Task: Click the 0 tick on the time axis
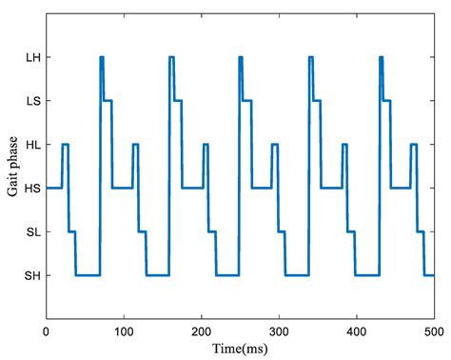pos(47,330)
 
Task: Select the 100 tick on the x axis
pos(124,330)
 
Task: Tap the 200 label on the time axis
pos(201,330)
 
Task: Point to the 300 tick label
pos(279,330)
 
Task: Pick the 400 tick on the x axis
pos(356,330)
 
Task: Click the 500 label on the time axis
pos(433,330)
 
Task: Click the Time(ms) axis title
pos(240,348)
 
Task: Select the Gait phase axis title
pos(11,167)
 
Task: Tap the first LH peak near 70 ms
pos(101,58)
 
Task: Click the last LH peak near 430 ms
pos(381,58)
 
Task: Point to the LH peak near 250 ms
pos(241,58)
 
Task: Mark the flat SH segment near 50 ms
pos(88,275)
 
